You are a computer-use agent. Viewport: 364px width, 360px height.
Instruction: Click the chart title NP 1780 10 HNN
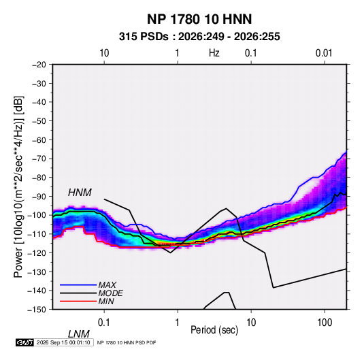tap(199, 19)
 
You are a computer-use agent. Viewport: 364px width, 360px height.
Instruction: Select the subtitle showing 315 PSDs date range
tap(199, 37)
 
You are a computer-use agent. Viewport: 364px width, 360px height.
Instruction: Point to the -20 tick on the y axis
tap(39, 65)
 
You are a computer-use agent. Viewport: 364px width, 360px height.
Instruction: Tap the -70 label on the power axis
tap(39, 159)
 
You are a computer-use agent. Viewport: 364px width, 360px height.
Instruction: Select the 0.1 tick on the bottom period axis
tap(103, 323)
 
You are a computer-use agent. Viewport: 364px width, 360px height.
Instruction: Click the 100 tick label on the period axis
tap(325, 323)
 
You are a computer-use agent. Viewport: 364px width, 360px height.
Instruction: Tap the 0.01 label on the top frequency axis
tap(324, 53)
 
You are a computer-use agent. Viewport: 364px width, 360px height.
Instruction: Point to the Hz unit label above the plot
tap(214, 53)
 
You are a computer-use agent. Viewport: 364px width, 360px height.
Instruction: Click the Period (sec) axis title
tap(214, 330)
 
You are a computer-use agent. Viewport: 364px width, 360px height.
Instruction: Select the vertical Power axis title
tap(18, 186)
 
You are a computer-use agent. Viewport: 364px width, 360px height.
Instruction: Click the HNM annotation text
tap(80, 193)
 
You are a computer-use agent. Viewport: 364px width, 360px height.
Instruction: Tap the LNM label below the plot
tap(78, 334)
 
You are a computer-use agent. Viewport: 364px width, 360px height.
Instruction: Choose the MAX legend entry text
tap(107, 285)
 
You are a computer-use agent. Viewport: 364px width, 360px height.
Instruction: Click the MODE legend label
tap(110, 293)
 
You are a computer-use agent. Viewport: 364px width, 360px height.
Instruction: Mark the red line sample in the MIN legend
tap(78, 301)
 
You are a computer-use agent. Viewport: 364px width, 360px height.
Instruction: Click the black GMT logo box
tap(25, 342)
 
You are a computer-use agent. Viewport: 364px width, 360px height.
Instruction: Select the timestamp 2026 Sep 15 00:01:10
tap(63, 342)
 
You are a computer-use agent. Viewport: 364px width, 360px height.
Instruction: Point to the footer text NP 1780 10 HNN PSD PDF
tap(127, 342)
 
